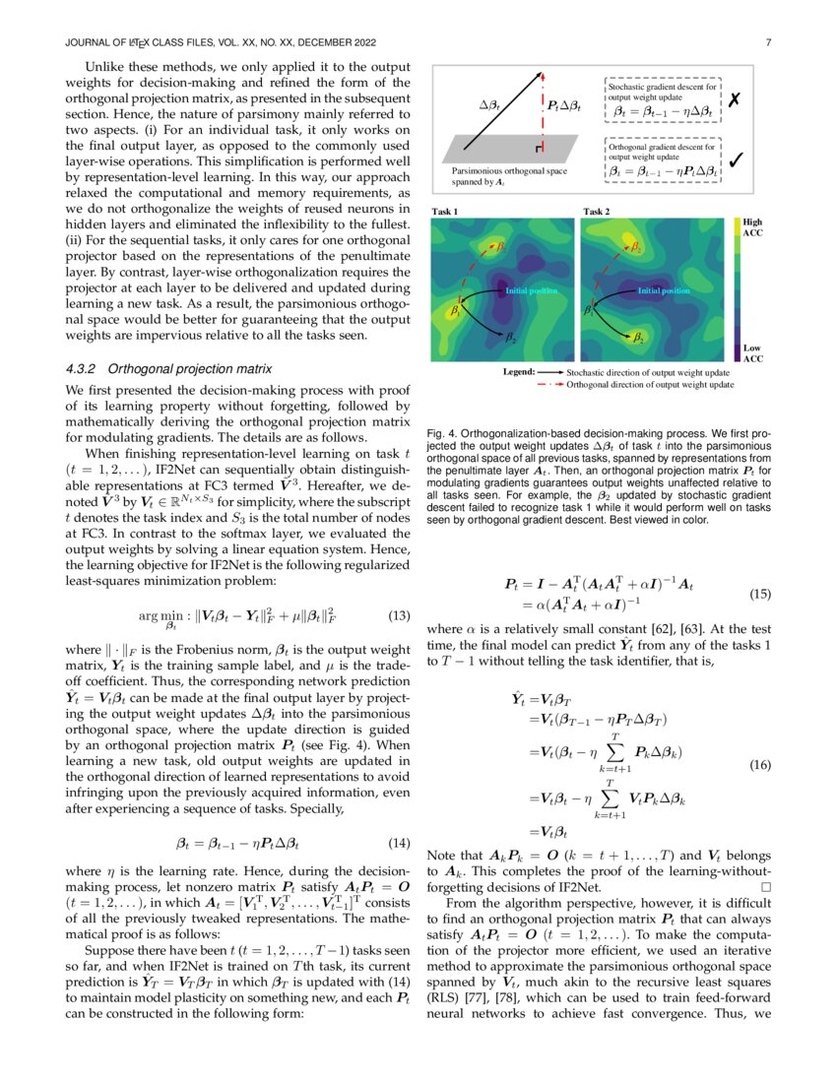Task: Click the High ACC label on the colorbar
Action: (x=752, y=228)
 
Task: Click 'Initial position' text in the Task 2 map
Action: (x=665, y=290)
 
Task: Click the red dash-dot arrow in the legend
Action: (x=550, y=385)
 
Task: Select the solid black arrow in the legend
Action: (x=550, y=373)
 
